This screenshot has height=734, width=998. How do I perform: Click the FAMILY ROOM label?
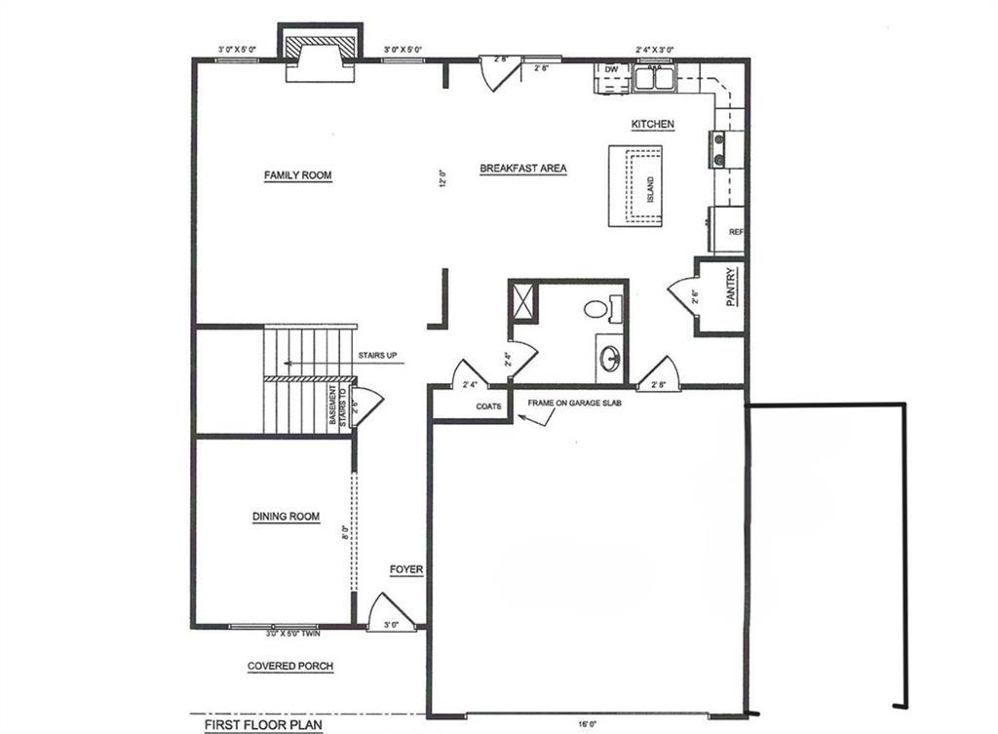(297, 175)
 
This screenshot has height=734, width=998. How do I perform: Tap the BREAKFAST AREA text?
(523, 169)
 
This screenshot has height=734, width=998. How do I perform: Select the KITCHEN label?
(653, 124)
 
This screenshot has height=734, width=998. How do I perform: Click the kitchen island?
(635, 185)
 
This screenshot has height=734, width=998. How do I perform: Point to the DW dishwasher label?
(612, 70)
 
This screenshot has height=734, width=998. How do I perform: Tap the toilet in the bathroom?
(596, 309)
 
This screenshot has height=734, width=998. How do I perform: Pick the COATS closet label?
(489, 406)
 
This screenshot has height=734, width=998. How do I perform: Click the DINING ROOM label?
(286, 517)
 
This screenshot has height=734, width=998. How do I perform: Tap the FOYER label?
(406, 571)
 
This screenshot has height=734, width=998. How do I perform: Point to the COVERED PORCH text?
(289, 667)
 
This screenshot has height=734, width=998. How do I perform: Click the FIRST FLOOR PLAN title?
(263, 725)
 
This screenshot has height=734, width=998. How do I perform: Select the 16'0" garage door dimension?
(585, 724)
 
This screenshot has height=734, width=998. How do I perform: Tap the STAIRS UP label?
(377, 355)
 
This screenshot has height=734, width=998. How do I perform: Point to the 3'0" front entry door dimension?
(390, 625)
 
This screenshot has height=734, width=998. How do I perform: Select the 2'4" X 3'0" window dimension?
(655, 48)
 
